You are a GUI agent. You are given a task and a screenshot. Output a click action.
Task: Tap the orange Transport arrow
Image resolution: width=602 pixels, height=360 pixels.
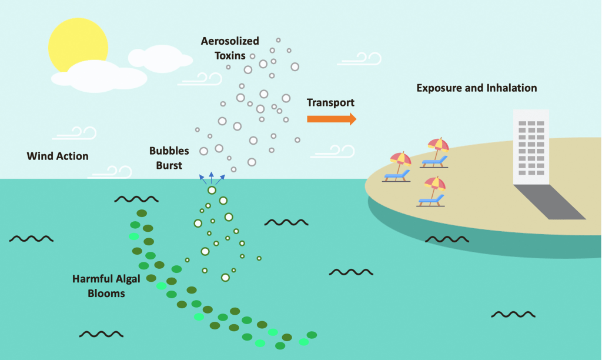point(332,119)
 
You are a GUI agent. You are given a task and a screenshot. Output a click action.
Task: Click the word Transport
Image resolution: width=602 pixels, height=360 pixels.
point(330,102)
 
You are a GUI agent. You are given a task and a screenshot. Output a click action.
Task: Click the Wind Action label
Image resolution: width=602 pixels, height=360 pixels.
point(58,156)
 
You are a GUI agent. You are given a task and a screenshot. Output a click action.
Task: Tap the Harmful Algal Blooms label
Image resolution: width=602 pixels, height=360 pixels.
point(106,285)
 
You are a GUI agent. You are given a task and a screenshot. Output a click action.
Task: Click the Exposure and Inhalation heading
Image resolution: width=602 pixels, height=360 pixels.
point(476,88)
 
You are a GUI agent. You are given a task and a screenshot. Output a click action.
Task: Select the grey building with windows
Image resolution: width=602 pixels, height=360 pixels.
point(530,147)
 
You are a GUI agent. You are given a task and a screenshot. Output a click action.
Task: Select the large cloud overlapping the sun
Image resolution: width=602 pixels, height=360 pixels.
point(100,76)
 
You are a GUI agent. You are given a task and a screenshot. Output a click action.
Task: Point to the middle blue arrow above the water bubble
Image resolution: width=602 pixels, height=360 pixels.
point(212,178)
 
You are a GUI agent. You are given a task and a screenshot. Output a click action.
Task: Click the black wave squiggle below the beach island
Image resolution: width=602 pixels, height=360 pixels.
point(447,239)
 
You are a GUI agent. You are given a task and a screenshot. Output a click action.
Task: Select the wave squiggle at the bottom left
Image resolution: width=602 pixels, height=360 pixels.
point(101,334)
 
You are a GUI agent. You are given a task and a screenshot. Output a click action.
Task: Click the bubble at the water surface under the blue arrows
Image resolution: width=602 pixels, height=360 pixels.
point(212,190)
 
